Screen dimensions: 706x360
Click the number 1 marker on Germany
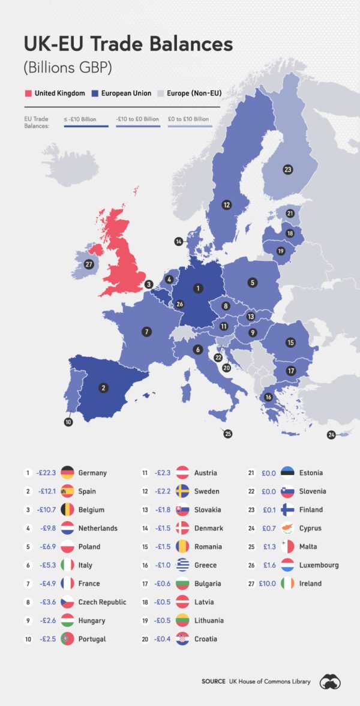[x=197, y=289]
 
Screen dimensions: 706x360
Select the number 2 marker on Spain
[x=103, y=388]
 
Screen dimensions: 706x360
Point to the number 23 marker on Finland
[x=288, y=170]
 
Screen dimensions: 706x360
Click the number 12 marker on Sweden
[x=226, y=205]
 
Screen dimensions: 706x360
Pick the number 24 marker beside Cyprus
[x=331, y=434]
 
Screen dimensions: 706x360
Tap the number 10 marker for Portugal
[x=68, y=422]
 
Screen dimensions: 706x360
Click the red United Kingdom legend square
[x=28, y=94]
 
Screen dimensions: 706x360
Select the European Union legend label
[x=126, y=94]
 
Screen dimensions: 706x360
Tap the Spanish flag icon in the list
[x=67, y=491]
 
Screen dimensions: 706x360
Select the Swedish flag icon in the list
[x=184, y=491]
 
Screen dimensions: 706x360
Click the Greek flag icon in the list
[x=184, y=565]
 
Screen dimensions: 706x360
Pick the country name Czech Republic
[x=102, y=602]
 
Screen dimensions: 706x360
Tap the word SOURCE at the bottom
[x=214, y=681]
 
